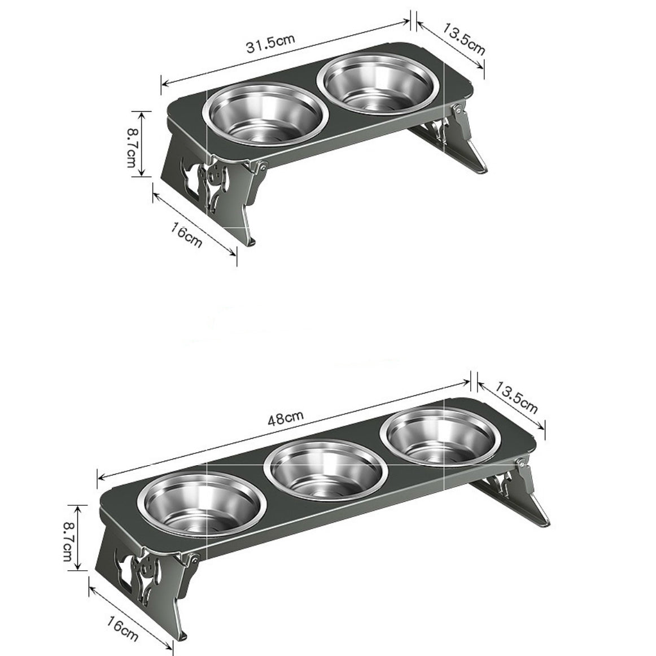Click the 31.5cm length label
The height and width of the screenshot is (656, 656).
pyautogui.click(x=270, y=43)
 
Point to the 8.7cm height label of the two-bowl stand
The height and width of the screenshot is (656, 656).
pyautogui.click(x=131, y=143)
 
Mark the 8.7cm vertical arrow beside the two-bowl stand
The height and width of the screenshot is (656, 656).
pyautogui.click(x=142, y=143)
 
